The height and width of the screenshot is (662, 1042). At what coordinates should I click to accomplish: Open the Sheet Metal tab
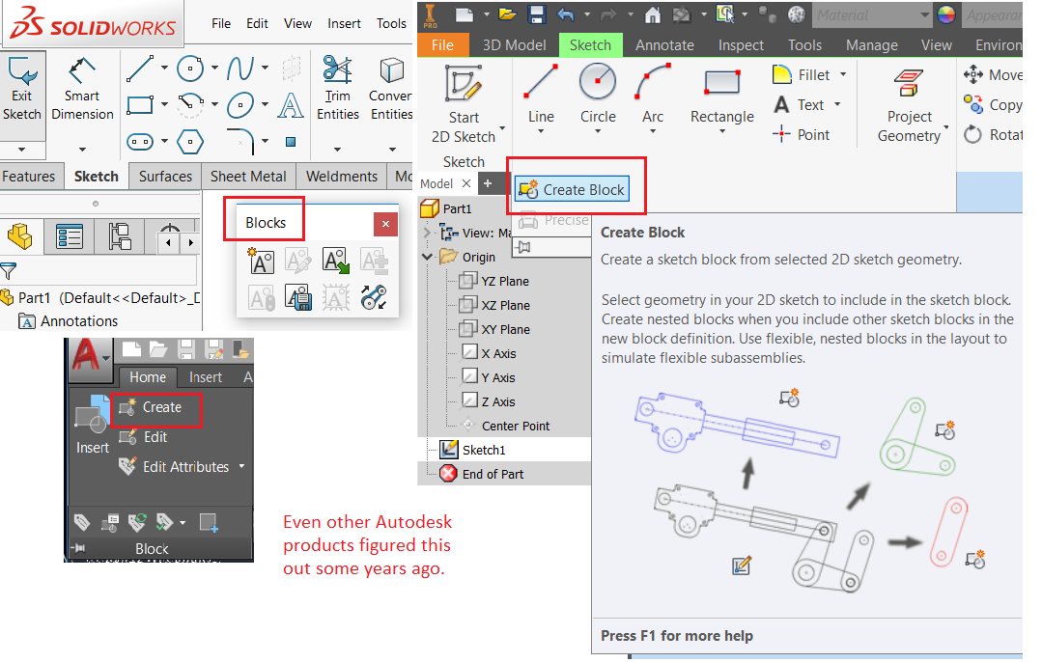tap(248, 177)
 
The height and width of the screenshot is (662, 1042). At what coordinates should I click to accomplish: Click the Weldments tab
tap(341, 177)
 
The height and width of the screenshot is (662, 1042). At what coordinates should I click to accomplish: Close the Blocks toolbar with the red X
tap(385, 224)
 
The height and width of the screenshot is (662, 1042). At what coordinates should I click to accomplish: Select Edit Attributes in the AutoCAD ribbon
tap(184, 467)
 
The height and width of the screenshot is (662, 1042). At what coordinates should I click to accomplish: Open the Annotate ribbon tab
tap(664, 45)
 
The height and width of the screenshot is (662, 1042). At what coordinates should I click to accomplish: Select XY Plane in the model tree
tap(506, 329)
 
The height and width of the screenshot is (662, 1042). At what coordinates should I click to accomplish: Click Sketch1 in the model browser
tap(483, 450)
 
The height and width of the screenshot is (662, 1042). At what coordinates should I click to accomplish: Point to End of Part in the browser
tap(493, 474)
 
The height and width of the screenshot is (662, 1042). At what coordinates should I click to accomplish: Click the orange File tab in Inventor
tap(442, 45)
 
